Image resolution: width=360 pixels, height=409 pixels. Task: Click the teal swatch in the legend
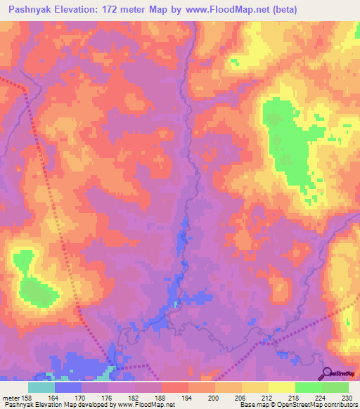tap(41, 387)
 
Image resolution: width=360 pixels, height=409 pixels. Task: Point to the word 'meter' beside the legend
tap(11, 397)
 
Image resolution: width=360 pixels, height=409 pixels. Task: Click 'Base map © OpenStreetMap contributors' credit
tap(297, 405)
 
